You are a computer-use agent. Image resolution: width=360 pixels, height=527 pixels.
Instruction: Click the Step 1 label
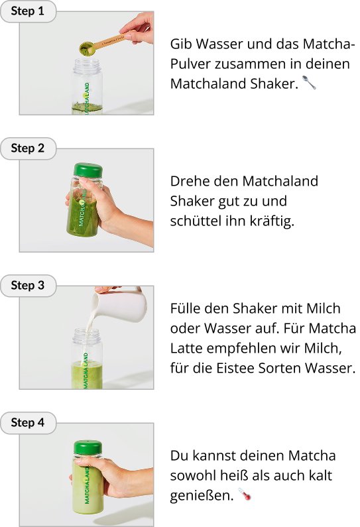28,11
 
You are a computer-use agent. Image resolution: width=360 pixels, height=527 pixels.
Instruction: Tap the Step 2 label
28,148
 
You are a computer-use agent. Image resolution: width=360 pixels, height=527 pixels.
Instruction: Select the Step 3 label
28,285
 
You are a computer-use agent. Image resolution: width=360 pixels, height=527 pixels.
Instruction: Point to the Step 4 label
28,422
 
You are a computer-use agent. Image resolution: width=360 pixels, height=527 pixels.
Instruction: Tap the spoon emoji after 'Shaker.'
309,83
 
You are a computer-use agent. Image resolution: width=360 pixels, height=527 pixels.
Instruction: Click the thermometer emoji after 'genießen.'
245,495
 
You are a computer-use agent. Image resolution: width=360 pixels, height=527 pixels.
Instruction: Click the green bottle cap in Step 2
88,170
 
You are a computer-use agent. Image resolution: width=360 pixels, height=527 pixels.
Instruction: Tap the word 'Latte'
186,348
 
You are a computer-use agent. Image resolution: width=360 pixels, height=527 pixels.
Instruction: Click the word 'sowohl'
193,475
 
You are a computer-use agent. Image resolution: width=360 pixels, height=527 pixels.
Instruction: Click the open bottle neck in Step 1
87,63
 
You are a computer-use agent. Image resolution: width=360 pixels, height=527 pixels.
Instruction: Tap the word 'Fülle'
185,308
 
